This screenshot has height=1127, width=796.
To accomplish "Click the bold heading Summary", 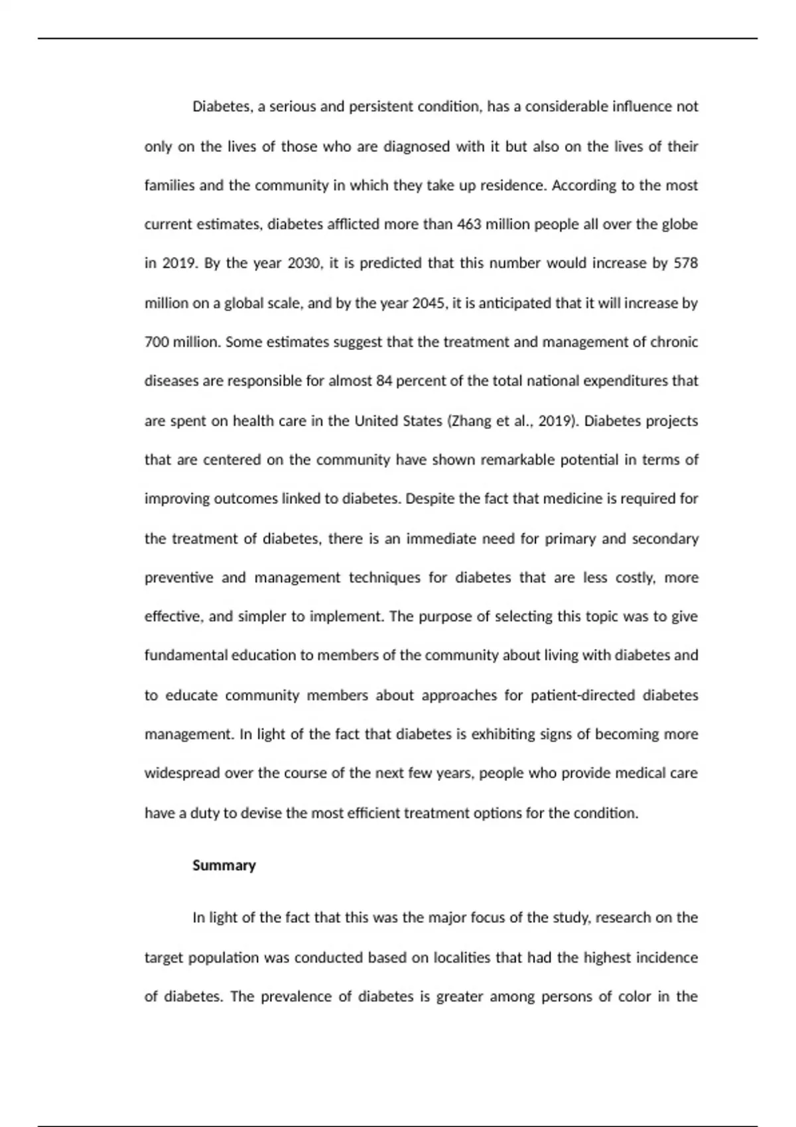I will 224,865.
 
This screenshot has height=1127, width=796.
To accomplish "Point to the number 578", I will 685,263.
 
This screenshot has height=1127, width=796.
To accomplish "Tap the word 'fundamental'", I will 186,656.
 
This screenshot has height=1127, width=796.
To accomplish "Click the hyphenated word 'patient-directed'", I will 582,695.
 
